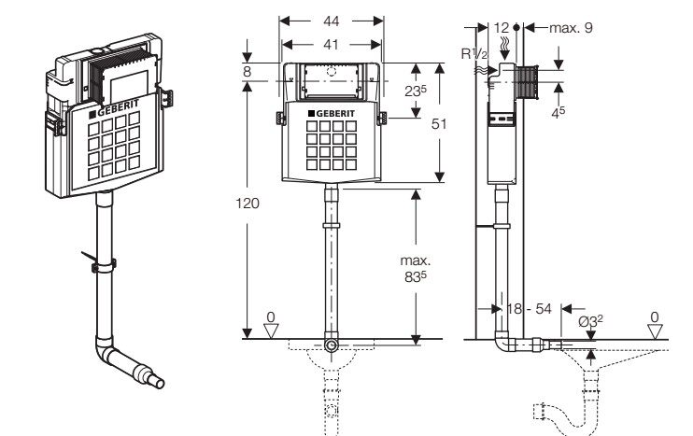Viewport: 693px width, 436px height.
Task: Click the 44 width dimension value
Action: click(x=331, y=21)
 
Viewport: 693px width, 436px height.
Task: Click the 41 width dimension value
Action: click(x=331, y=44)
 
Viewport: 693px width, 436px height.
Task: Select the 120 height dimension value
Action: click(x=247, y=204)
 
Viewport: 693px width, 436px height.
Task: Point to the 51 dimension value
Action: click(x=439, y=124)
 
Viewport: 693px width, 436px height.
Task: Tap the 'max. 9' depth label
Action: click(x=571, y=28)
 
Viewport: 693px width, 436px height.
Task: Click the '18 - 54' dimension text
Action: click(x=530, y=308)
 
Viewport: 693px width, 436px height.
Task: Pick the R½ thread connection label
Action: click(x=474, y=53)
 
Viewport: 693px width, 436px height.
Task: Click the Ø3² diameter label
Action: click(x=591, y=321)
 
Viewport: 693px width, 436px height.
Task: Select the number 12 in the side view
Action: click(x=502, y=28)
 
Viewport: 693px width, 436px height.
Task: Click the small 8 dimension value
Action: click(x=247, y=71)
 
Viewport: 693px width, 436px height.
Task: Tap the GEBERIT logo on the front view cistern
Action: click(x=332, y=114)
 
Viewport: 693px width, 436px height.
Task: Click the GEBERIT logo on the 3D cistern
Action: click(x=115, y=108)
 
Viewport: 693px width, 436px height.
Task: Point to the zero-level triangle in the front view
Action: click(x=271, y=331)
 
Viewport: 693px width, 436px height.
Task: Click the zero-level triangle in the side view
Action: click(x=655, y=331)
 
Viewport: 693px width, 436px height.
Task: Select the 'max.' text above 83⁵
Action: click(x=416, y=260)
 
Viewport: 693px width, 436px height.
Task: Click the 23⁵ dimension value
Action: click(x=416, y=91)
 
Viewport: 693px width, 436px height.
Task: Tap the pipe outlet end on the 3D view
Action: click(x=159, y=382)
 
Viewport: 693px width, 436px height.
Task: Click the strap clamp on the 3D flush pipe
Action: click(x=104, y=265)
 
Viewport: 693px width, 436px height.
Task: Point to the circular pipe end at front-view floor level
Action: click(x=331, y=345)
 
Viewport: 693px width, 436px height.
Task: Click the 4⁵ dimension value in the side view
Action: click(x=559, y=112)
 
